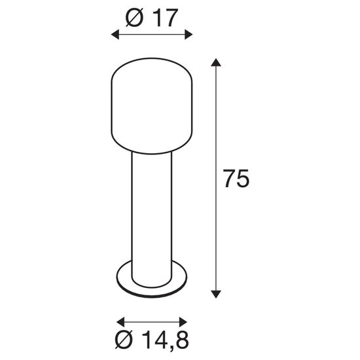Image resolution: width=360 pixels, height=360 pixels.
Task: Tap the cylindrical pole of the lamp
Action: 152,209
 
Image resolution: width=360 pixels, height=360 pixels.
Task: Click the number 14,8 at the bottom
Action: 164,341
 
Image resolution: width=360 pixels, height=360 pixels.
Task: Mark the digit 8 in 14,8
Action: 181,341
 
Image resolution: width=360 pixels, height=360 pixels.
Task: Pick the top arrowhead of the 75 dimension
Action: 217,63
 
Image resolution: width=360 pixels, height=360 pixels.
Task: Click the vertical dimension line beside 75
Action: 217,131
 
